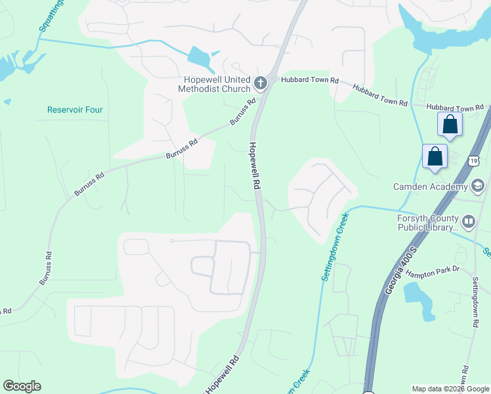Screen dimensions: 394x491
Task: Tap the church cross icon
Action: (261, 83)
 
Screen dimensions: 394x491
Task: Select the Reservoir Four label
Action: (75, 110)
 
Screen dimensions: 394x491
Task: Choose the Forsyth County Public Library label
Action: (427, 223)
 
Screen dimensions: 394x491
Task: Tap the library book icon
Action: (469, 223)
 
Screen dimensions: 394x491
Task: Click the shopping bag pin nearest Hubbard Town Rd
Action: (450, 124)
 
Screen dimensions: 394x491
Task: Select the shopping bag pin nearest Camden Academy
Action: (435, 157)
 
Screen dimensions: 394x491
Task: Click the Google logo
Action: (22, 386)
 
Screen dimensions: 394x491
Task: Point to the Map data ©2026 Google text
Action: (451, 389)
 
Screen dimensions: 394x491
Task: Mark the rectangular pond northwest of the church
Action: (200, 58)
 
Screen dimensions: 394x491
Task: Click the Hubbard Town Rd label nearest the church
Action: (309, 80)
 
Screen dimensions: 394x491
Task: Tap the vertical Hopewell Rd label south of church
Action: (253, 166)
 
